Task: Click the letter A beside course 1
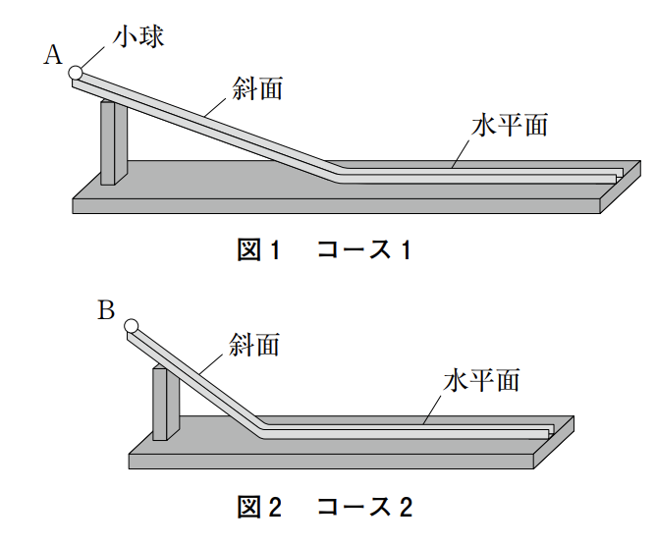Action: (53, 55)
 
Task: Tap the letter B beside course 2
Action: (107, 311)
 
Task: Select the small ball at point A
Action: (76, 72)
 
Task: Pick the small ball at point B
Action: (131, 328)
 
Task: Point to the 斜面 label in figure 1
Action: (258, 88)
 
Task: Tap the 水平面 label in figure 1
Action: (509, 126)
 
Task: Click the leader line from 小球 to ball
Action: (96, 55)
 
